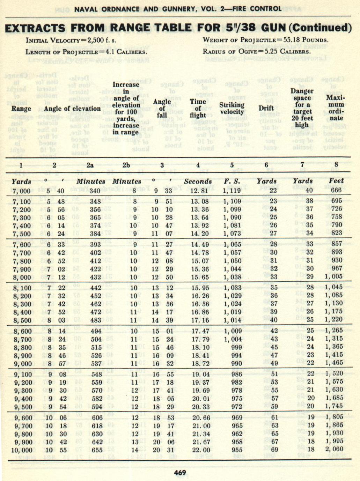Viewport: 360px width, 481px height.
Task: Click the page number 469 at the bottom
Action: click(180, 473)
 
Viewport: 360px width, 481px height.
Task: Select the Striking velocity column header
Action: click(232, 108)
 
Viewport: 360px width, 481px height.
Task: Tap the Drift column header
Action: click(266, 108)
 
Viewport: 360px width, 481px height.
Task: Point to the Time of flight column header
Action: click(198, 108)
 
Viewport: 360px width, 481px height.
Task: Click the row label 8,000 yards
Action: click(22, 277)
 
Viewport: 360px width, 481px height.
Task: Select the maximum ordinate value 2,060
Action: click(334, 449)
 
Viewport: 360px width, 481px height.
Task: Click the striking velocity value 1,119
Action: click(232, 191)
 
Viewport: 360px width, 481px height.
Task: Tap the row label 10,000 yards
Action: click(21, 450)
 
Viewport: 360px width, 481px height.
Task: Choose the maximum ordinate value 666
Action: click(336, 190)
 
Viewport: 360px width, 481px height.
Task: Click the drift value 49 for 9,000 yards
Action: click(274, 363)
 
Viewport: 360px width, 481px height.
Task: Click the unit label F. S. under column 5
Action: click(232, 181)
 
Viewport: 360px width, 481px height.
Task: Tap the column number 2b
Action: click(126, 165)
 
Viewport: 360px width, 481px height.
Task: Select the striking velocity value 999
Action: click(236, 347)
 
